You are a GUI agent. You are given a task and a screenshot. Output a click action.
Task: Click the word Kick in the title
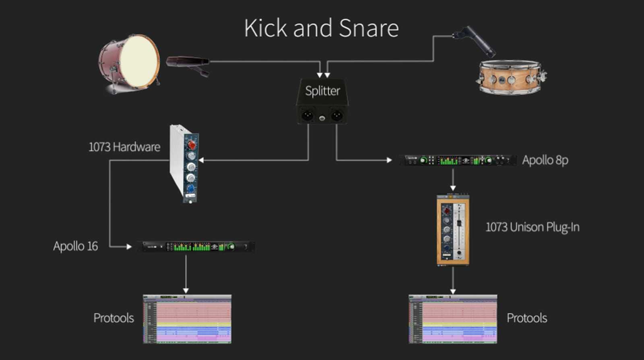pos(266,28)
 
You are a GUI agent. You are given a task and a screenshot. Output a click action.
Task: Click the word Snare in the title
pos(369,28)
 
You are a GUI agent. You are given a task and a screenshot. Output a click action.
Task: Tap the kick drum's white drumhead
pos(139,62)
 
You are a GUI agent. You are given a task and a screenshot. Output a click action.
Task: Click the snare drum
pos(510,77)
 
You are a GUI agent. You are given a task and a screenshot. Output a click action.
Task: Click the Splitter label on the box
pos(322,91)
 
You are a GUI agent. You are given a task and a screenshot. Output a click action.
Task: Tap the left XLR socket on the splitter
pos(307,116)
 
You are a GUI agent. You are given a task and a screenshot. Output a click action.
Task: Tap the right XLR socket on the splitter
pos(337,116)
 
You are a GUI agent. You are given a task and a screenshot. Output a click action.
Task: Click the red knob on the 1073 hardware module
pos(192,144)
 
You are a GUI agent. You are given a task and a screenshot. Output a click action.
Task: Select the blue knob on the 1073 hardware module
pos(190,188)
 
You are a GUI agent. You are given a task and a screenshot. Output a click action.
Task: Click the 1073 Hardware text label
pos(124,147)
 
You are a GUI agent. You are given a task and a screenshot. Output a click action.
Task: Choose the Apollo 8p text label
pos(545,160)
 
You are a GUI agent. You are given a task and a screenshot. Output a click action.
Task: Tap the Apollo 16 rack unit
pos(196,246)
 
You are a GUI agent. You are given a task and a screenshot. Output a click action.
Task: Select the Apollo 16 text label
pos(76,246)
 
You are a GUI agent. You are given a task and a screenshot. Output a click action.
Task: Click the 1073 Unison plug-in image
pos(453,230)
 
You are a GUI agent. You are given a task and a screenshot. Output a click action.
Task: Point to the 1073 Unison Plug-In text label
pos(533,228)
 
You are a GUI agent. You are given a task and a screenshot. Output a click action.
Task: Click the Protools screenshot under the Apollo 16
pos(187,319)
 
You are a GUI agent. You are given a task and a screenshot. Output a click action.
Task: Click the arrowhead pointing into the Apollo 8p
pos(389,160)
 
